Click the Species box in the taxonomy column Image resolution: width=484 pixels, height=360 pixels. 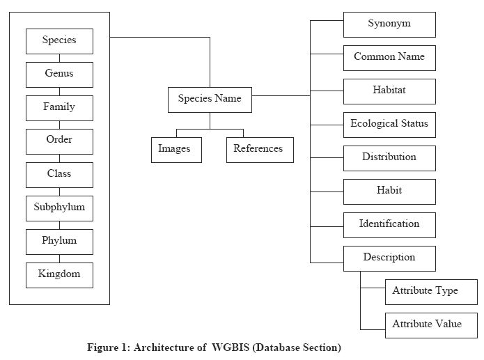[59, 40]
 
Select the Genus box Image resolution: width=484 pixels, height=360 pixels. [59, 74]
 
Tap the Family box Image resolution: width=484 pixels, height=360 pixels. [59, 107]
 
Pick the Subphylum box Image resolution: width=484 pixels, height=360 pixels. [59, 208]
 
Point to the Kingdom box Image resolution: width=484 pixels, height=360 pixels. [59, 274]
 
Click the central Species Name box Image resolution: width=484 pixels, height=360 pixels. [210, 99]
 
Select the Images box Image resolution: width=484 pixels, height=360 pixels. [175, 149]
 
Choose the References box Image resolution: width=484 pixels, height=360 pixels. [259, 149]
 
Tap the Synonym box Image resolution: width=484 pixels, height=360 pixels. [389, 24]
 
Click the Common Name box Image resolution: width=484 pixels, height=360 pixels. [389, 57]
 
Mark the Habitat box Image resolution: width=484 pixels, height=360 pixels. [389, 91]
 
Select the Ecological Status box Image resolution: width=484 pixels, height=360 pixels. [389, 124]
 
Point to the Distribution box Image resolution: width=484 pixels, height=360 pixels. [389, 157]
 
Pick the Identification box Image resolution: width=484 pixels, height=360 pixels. [389, 224]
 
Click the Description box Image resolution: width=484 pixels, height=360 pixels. [389, 258]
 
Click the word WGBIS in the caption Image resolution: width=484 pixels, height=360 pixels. [233, 347]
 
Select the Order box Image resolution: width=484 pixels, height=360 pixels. [59, 141]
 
